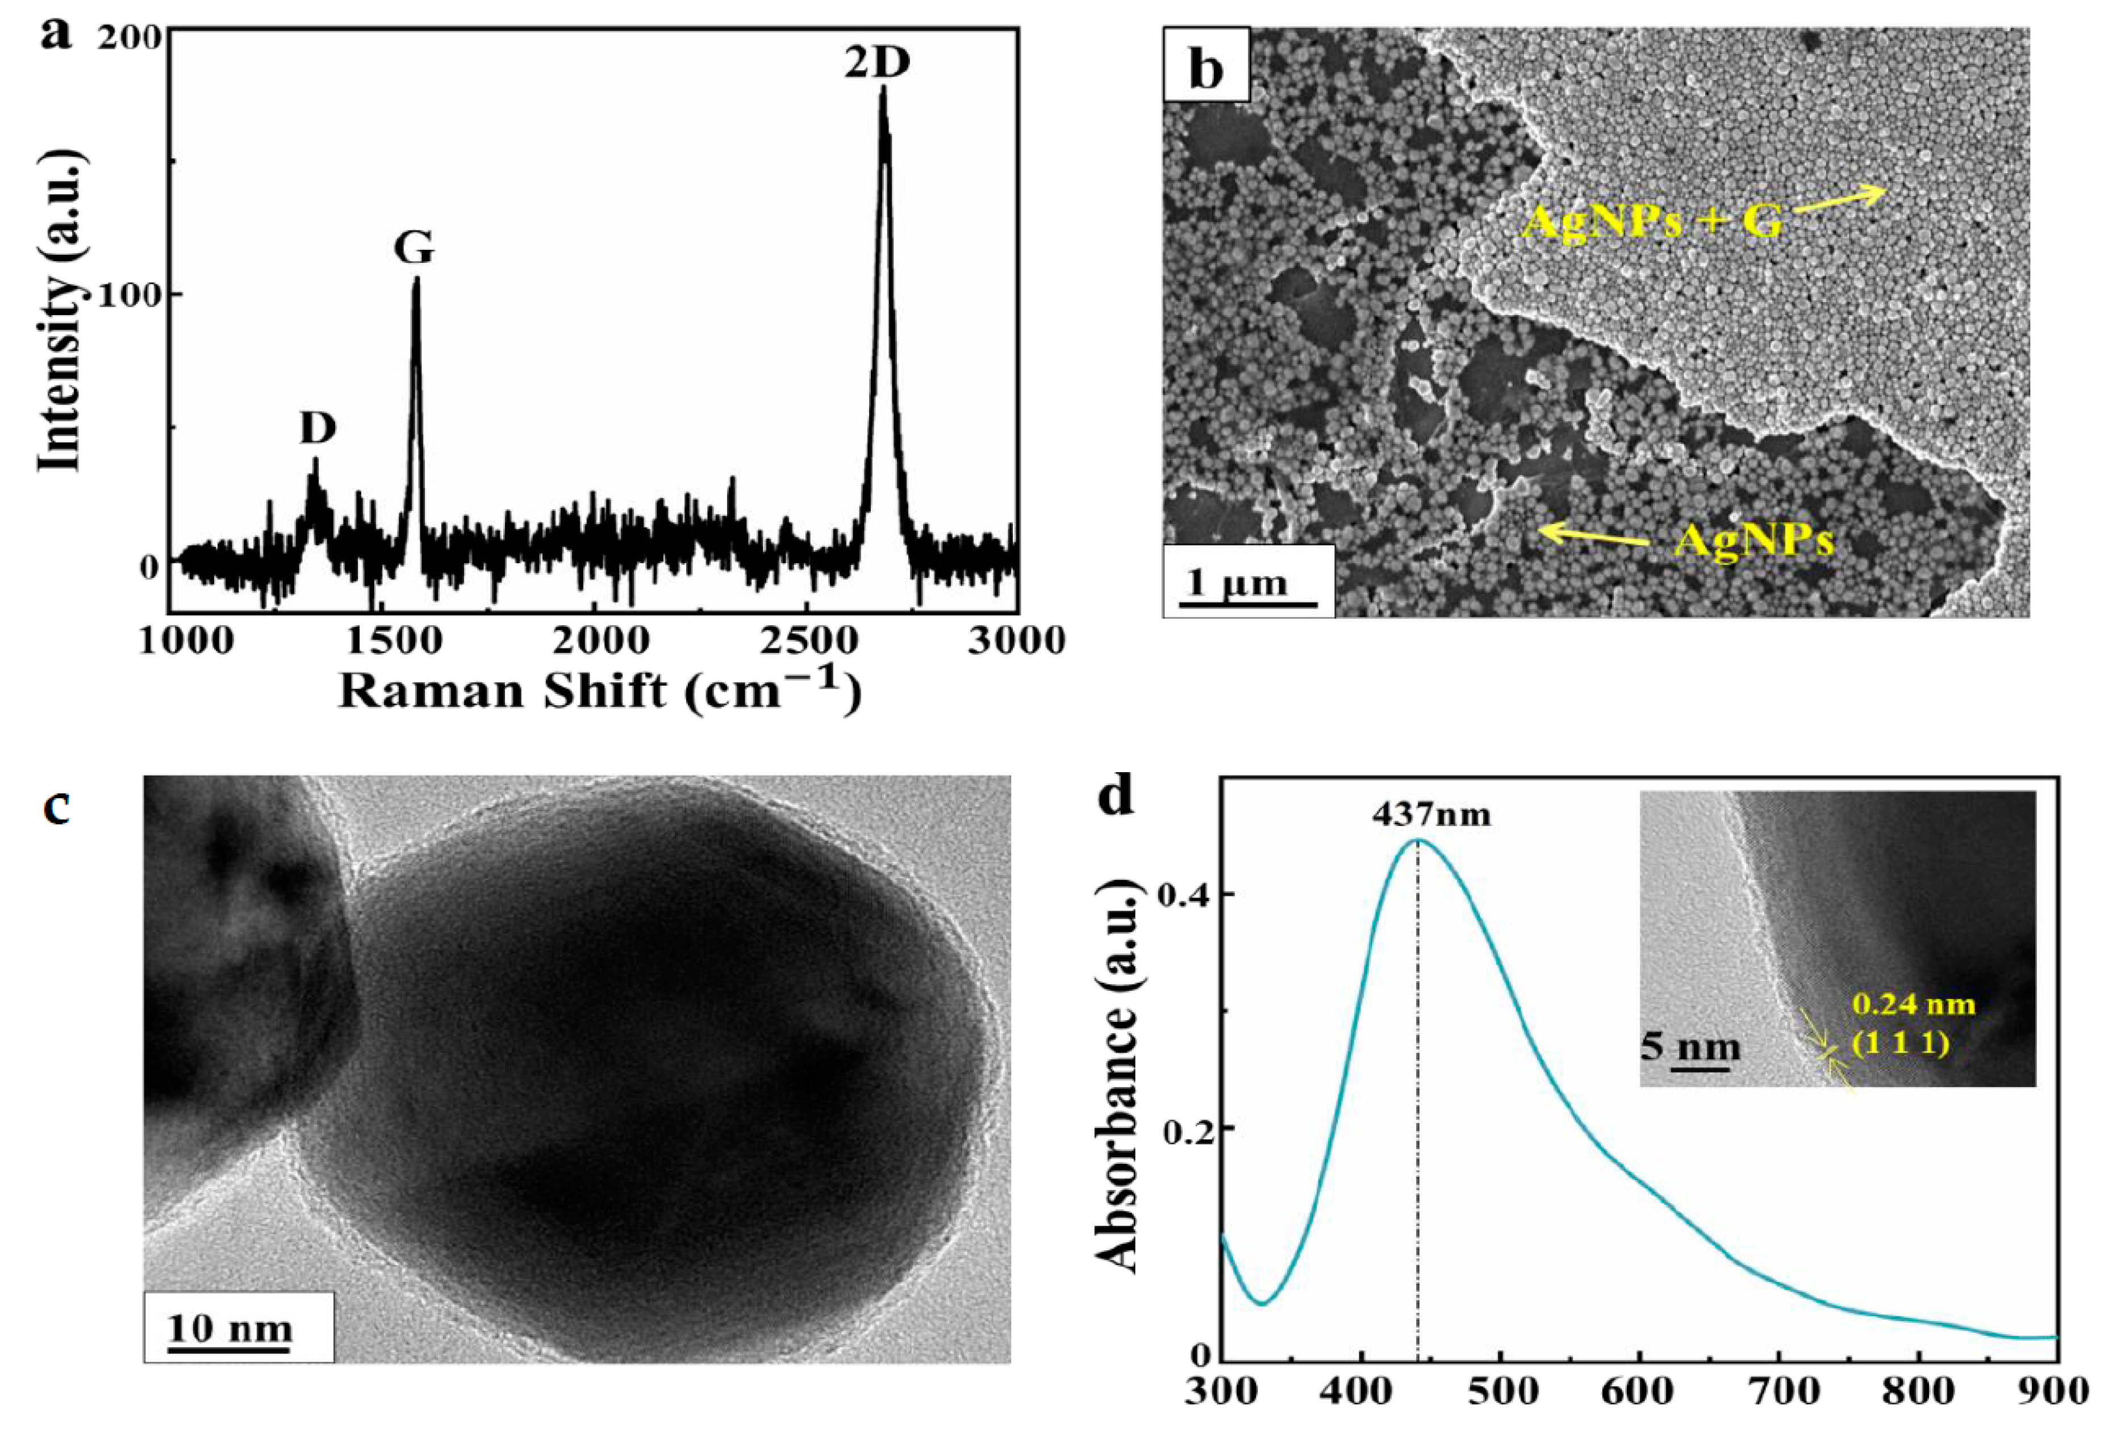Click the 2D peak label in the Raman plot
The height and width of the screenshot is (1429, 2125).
click(x=876, y=63)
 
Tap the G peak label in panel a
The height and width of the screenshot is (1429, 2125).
click(x=414, y=247)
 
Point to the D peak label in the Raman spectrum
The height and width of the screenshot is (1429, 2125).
click(x=318, y=428)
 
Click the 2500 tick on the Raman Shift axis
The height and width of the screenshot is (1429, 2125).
click(x=807, y=640)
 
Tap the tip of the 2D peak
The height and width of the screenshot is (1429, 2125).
click(x=882, y=89)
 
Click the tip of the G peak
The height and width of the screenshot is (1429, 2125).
click(x=416, y=279)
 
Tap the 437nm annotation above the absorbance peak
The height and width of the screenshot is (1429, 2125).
click(x=1431, y=813)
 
